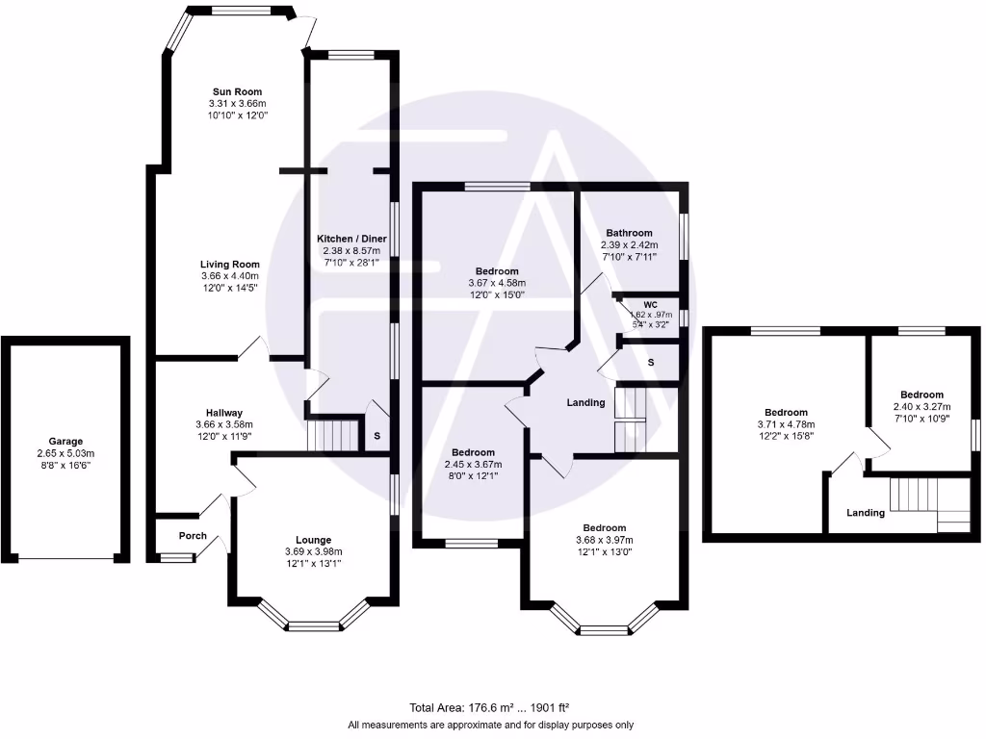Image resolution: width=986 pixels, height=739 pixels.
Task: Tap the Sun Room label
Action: (237, 92)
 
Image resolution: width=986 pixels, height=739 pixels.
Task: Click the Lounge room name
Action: (313, 540)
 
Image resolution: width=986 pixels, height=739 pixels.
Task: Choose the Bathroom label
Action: (629, 233)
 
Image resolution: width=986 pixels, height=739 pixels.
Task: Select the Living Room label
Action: (230, 265)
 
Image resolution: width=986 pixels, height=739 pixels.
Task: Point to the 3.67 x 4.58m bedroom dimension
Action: (496, 283)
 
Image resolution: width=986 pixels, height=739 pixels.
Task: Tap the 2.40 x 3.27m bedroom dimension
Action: (921, 406)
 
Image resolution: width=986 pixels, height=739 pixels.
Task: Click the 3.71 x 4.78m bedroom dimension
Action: (787, 424)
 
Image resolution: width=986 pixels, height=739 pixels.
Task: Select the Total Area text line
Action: (491, 707)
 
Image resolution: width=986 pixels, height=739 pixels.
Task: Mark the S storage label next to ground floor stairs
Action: (376, 436)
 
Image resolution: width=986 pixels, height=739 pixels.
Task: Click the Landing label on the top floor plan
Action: (866, 513)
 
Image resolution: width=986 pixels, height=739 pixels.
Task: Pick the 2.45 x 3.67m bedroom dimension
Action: (473, 465)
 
